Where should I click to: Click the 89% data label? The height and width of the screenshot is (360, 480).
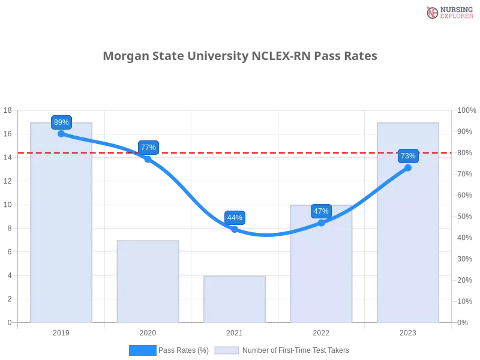point(61,122)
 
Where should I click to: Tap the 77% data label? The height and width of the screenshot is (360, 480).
point(148,148)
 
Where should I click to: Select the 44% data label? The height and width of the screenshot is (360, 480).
point(235,218)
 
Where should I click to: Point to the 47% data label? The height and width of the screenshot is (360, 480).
point(321,211)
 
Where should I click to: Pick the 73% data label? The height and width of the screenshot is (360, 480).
point(408,156)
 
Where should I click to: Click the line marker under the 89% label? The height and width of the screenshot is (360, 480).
point(61,134)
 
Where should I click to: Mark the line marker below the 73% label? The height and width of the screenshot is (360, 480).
point(408,168)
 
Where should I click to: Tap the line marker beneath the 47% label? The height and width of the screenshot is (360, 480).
point(321,223)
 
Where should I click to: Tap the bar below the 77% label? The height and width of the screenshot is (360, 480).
point(148,282)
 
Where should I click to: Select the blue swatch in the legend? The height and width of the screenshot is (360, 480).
point(142,350)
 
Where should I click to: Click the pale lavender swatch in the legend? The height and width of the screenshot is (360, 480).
point(227,350)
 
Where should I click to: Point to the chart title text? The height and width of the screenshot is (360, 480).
point(240,56)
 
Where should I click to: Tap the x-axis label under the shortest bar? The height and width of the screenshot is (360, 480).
point(235,331)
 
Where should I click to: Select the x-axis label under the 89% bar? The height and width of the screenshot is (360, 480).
point(62,331)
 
